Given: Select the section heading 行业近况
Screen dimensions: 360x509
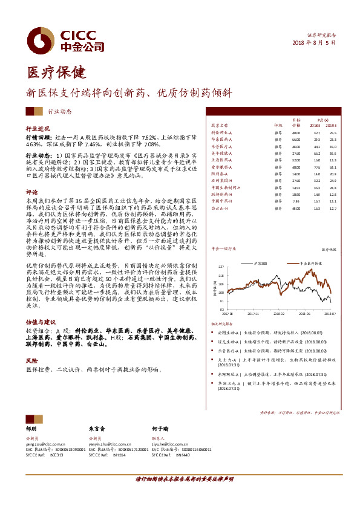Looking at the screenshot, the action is [x=37, y=129].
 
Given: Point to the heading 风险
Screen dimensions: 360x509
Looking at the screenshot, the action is [x=32, y=361].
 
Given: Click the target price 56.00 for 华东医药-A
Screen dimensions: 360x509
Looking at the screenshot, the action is [x=296, y=139].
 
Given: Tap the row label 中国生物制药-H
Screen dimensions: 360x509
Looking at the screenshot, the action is [x=226, y=187].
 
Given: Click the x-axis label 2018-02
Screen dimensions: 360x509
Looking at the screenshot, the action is [x=278, y=314].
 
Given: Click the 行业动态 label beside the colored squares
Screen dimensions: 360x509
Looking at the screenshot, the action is [x=59, y=112].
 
